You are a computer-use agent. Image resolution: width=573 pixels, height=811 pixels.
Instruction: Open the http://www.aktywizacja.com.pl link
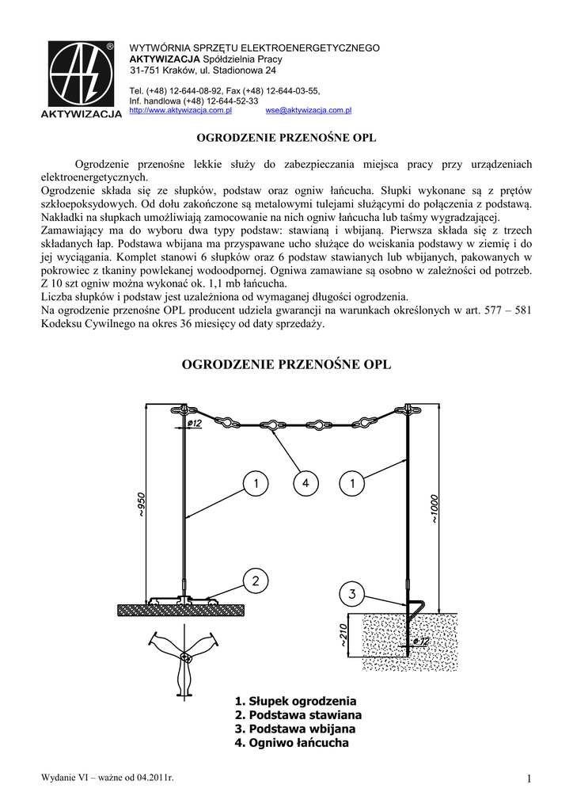point(180,111)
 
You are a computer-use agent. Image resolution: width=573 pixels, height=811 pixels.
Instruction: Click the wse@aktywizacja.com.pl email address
point(309,111)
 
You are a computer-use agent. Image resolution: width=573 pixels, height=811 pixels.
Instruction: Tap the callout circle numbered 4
point(304,481)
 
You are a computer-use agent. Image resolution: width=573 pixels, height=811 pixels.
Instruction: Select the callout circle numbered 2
point(255,581)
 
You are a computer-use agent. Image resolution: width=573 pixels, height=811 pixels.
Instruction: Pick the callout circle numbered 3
point(351,592)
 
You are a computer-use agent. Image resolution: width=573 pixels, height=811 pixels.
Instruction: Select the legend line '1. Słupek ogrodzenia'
point(295,702)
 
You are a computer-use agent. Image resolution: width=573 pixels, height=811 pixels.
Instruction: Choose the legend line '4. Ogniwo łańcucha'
point(291,744)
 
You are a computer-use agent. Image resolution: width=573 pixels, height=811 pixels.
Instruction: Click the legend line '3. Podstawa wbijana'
point(294,729)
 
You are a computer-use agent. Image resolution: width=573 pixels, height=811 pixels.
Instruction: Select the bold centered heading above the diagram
point(286,365)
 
